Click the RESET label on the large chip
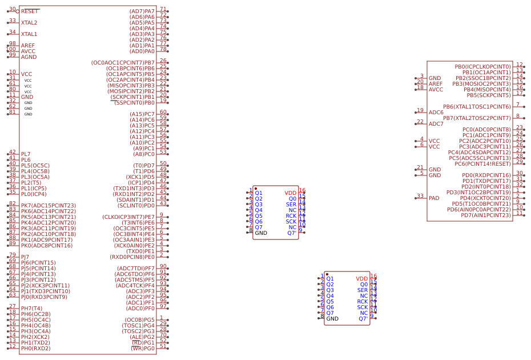click(x=30, y=11)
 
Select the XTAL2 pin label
click(x=29, y=23)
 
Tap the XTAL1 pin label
click(x=29, y=34)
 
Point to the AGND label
click(x=29, y=57)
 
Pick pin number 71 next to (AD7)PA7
click(x=163, y=9)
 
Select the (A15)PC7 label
click(x=142, y=114)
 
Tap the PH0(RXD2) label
click(x=36, y=349)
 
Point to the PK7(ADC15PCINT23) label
click(x=49, y=206)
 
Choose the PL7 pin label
click(x=26, y=154)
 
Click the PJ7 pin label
click(x=25, y=257)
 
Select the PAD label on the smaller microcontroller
click(x=435, y=198)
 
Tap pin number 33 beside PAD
click(x=420, y=196)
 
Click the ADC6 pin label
click(x=436, y=113)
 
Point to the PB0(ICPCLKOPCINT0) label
click(x=482, y=67)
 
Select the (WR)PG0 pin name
click(x=143, y=349)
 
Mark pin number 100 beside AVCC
click(x=12, y=49)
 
